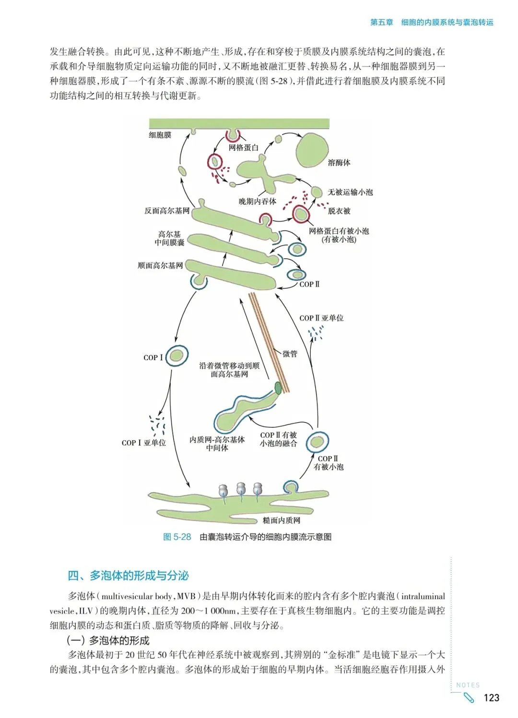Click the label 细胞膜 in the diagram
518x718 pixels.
pyautogui.click(x=160, y=135)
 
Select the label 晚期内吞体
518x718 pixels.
pyautogui.click(x=258, y=201)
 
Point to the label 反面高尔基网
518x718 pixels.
pyautogui.click(x=167, y=211)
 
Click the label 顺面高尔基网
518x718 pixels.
pyautogui.click(x=160, y=265)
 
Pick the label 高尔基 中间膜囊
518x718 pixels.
pyautogui.click(x=169, y=239)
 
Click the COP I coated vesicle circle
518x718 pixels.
pyautogui.click(x=177, y=356)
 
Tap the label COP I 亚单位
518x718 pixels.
pyautogui.click(x=143, y=443)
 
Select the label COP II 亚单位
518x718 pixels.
pyautogui.click(x=321, y=318)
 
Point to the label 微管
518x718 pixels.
pyautogui.click(x=290, y=354)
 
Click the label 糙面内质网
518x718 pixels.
pyautogui.click(x=282, y=521)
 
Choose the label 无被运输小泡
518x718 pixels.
pyautogui.click(x=350, y=192)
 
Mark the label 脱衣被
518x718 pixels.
pyautogui.click(x=339, y=211)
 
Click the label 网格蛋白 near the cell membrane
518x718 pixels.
pyautogui.click(x=244, y=148)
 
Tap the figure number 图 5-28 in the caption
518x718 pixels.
pyautogui.click(x=177, y=537)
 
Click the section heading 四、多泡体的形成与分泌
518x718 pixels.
pyautogui.click(x=128, y=575)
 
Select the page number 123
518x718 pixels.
pyautogui.click(x=491, y=698)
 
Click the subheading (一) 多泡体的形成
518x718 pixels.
pyautogui.click(x=108, y=640)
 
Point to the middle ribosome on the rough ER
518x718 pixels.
pyautogui.click(x=241, y=489)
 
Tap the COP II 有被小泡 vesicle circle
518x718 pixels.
pyautogui.click(x=317, y=442)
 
